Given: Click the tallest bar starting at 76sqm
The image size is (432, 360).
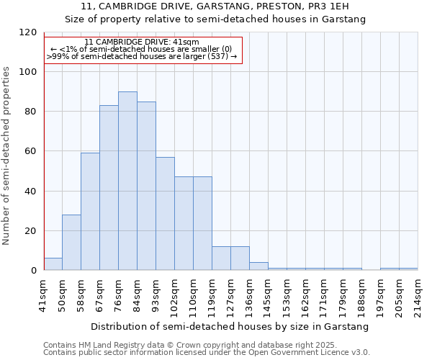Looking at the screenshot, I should tap(127, 181).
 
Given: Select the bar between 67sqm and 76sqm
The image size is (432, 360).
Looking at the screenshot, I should tap(109, 188).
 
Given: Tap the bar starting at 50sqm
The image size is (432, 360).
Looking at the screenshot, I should tap(71, 243).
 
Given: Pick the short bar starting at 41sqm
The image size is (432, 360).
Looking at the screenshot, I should tap(53, 264).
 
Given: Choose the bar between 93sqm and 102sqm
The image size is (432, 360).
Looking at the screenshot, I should tap(165, 214).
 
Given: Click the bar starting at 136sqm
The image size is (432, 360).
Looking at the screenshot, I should tap(258, 266).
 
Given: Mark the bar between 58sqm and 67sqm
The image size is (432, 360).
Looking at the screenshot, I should tap(90, 212).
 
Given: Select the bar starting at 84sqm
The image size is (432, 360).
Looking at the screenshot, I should tap(146, 186).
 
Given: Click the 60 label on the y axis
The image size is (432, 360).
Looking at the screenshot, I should tap(31, 151).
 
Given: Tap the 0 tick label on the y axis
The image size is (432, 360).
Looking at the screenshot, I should tap(34, 271).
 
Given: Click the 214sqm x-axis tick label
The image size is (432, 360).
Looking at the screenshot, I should tap(418, 296).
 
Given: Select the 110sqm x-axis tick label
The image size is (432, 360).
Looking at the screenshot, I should tap(194, 296).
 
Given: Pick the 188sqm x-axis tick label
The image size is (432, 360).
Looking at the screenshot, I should tap(362, 296).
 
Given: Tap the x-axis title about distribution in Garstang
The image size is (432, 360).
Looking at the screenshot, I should tap(230, 326).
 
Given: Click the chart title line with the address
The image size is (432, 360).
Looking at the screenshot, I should tap(215, 6).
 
